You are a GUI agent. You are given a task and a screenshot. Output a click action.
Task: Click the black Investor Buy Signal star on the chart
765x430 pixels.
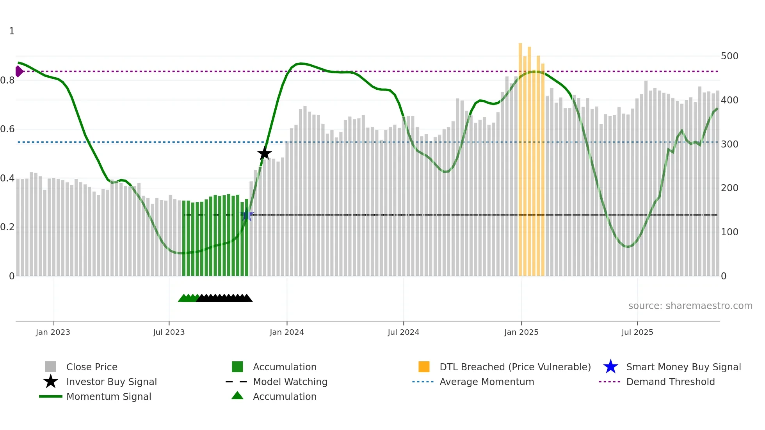click(x=264, y=153)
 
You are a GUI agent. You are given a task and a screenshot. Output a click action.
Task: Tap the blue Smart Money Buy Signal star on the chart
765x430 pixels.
click(x=247, y=215)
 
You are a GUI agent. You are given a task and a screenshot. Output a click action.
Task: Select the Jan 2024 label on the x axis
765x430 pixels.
click(x=286, y=332)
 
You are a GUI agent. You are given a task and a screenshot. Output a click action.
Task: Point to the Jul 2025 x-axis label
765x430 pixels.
click(x=637, y=332)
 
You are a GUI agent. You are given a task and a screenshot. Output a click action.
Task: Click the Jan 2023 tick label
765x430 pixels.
click(x=53, y=332)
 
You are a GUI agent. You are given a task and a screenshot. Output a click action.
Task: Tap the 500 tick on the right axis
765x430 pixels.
click(x=729, y=56)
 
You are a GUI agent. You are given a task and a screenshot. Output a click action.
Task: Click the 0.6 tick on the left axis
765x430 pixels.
click(x=8, y=129)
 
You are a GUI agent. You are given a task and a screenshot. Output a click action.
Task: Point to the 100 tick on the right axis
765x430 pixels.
click(x=729, y=232)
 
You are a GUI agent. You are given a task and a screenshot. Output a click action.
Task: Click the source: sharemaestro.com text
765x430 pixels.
click(x=690, y=306)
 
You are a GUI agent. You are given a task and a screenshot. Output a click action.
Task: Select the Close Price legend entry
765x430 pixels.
click(x=92, y=367)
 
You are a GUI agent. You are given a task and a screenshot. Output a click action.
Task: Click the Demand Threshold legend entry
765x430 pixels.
click(x=670, y=382)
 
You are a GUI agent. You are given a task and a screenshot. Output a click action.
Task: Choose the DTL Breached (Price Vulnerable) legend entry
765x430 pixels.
click(x=515, y=367)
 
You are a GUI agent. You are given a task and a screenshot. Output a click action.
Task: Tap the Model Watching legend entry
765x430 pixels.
click(x=290, y=382)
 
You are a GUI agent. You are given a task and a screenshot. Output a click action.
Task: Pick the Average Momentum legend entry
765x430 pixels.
click(x=486, y=382)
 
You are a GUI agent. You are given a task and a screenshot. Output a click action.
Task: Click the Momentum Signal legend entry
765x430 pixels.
click(x=109, y=396)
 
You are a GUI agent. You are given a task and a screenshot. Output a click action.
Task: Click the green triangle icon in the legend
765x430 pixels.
click(x=237, y=396)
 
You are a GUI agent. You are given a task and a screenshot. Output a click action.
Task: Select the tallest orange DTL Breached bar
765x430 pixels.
click(x=520, y=156)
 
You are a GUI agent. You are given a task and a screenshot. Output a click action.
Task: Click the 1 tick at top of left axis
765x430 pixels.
click(x=12, y=31)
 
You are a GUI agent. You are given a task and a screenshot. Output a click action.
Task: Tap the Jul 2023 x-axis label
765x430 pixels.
click(x=169, y=332)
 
